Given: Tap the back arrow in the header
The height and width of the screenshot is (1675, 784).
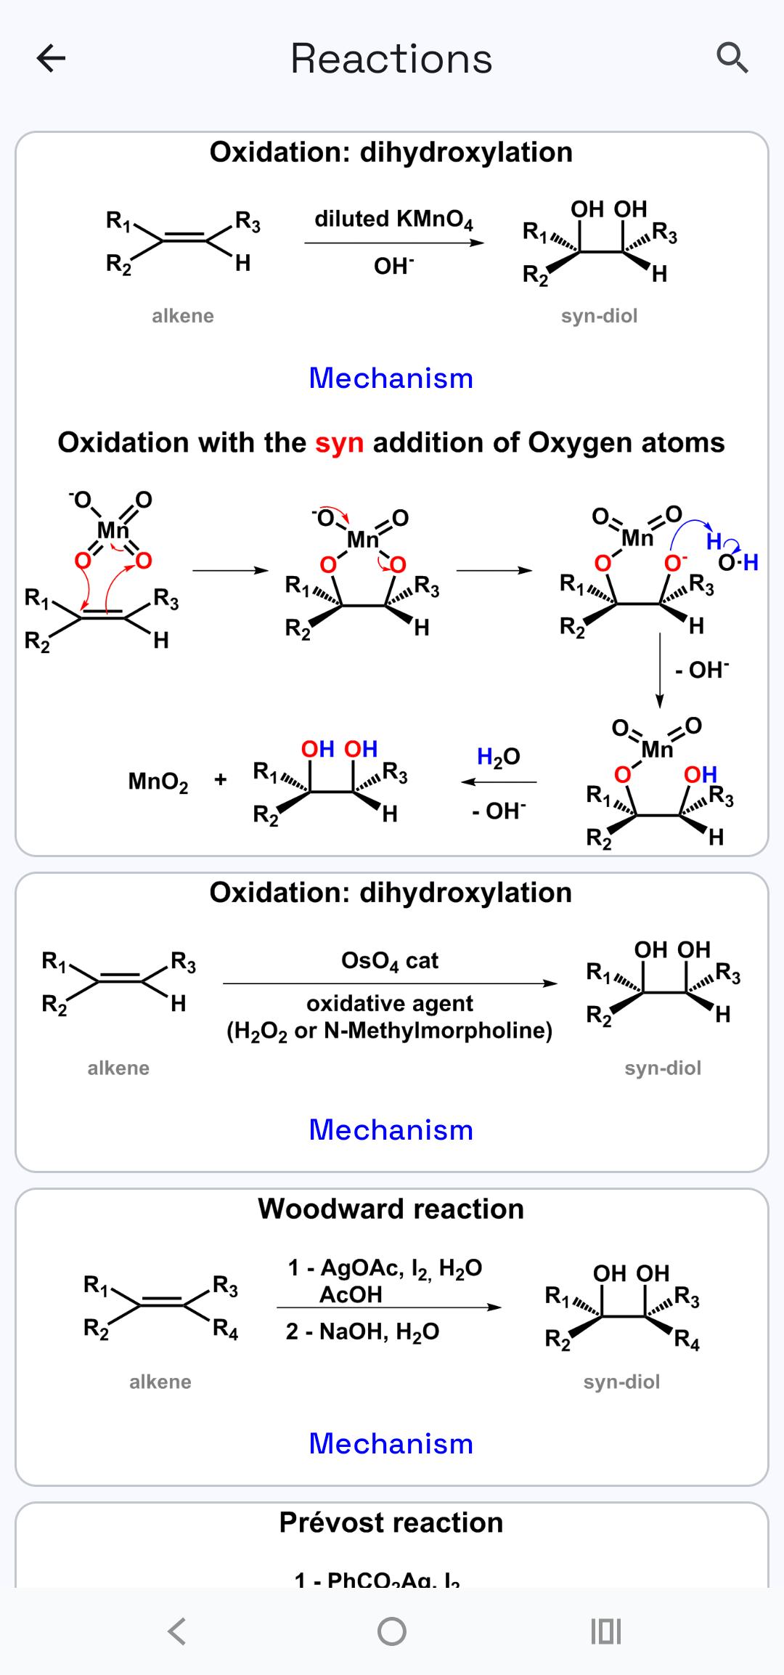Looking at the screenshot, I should coord(51,58).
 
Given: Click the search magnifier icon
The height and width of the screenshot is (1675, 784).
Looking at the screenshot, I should coord(732,58).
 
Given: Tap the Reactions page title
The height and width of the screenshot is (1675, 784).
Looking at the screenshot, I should coord(391,59).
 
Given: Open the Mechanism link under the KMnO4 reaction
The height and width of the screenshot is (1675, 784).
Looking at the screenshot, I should coord(391,378).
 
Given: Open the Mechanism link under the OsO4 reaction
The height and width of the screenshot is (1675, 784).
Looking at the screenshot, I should coord(391,1130).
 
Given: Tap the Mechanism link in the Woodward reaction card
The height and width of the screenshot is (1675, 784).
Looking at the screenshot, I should coord(391,1443).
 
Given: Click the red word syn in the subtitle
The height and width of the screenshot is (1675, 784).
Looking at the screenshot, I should coord(339,442).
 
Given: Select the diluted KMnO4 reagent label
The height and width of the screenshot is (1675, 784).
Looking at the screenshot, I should coord(393,219).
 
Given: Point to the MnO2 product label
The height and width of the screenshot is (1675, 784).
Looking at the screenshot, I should coord(158,782).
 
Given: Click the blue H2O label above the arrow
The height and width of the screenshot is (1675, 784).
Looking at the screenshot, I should coord(498,757).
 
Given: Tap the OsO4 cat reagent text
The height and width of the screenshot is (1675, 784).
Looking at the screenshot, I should coord(390,961).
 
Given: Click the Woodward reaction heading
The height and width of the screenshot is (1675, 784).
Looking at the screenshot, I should coord(391,1209).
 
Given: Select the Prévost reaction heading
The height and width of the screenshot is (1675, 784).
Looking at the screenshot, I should coord(391,1522).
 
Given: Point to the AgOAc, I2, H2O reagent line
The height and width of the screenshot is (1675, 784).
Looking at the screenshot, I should coord(385,1268).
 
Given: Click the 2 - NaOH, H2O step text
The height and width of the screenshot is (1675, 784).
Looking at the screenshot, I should coord(362,1331).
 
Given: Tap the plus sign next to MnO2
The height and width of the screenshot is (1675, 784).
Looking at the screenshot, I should coord(221,780).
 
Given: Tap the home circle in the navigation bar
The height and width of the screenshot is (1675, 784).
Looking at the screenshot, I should coord(392,1631).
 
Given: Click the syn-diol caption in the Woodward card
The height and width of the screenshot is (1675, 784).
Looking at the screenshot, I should coord(621,1382).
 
